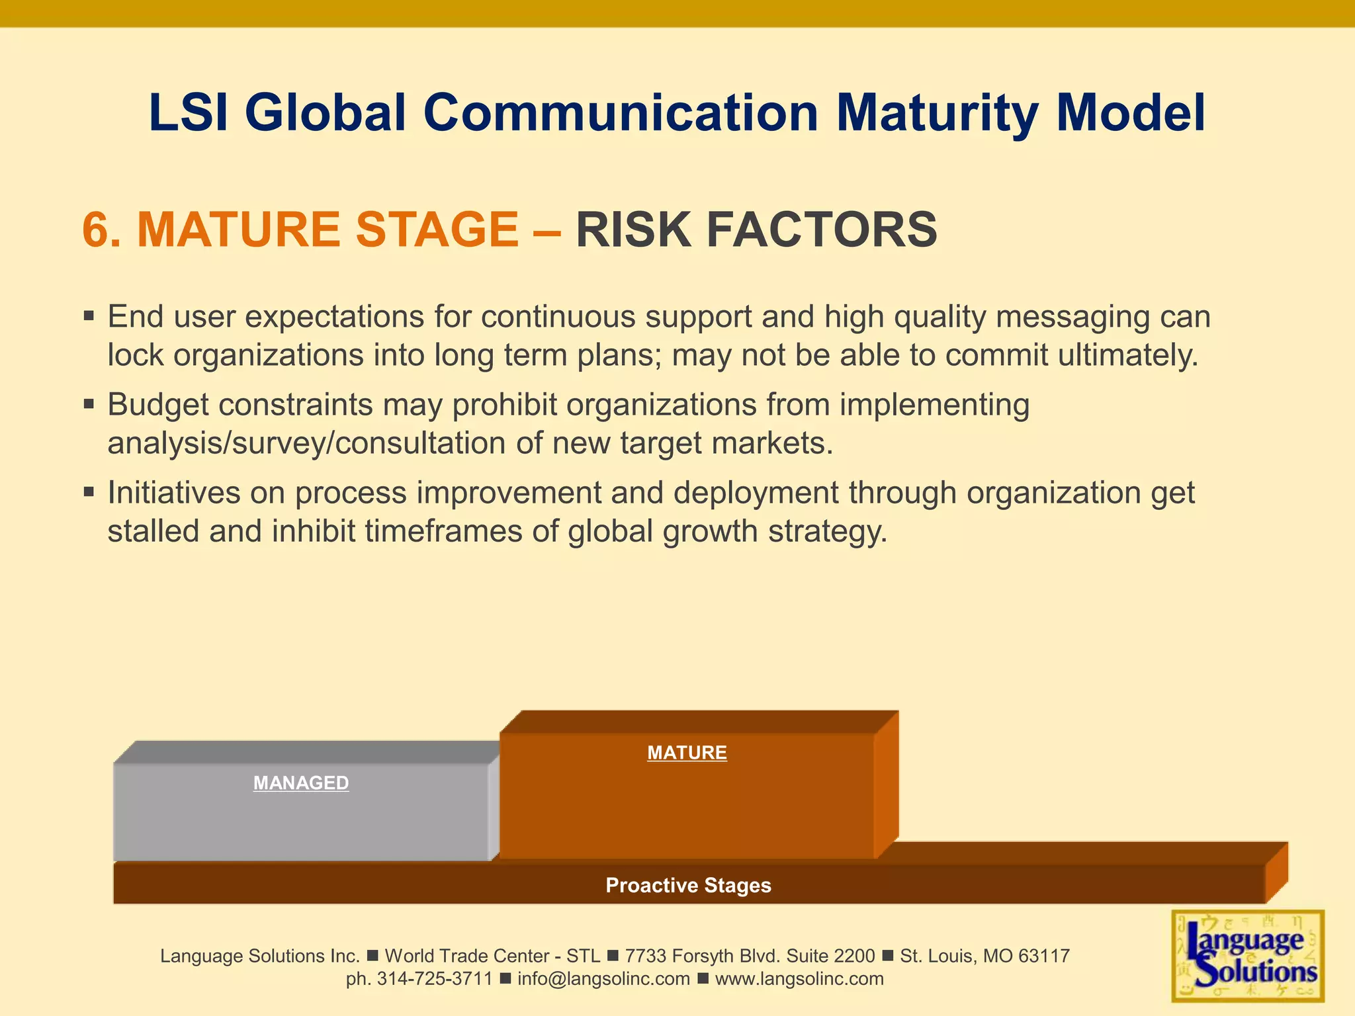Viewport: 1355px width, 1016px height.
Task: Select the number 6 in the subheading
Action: tap(94, 230)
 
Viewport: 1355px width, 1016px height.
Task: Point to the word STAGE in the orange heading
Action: tap(437, 230)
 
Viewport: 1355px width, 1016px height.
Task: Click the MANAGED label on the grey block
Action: tap(301, 783)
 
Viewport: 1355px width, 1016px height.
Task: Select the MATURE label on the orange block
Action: tap(687, 753)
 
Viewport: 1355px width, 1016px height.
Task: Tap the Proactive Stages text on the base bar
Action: tap(688, 885)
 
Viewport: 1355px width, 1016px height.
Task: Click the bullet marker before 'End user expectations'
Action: tap(89, 316)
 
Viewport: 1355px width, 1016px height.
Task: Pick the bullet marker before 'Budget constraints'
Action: tap(89, 403)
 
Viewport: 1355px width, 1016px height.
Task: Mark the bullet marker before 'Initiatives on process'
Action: tap(89, 491)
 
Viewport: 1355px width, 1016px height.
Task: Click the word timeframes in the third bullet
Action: tap(443, 531)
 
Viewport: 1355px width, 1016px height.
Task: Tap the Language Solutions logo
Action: tap(1248, 956)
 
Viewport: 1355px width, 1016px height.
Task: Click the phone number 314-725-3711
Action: tap(435, 979)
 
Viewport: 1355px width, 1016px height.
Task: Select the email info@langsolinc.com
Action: tap(603, 979)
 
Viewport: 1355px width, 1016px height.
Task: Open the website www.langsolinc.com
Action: tap(799, 979)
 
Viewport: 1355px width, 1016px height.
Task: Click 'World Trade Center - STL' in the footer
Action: tap(492, 956)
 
